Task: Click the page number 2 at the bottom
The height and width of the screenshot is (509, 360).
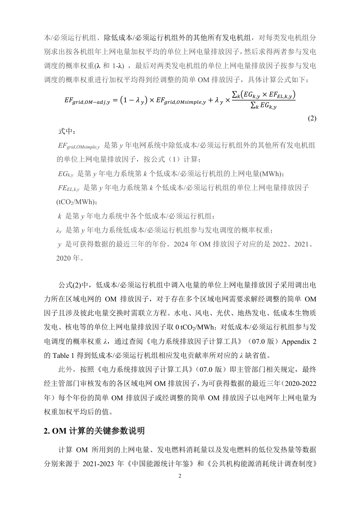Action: (x=180, y=476)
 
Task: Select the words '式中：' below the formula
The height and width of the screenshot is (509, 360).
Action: (x=67, y=131)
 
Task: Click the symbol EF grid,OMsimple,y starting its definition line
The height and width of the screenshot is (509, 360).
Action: (x=78, y=146)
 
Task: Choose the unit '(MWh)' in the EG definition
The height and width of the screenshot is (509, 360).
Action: (x=271, y=174)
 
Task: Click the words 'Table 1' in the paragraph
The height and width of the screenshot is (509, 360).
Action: (x=62, y=355)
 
